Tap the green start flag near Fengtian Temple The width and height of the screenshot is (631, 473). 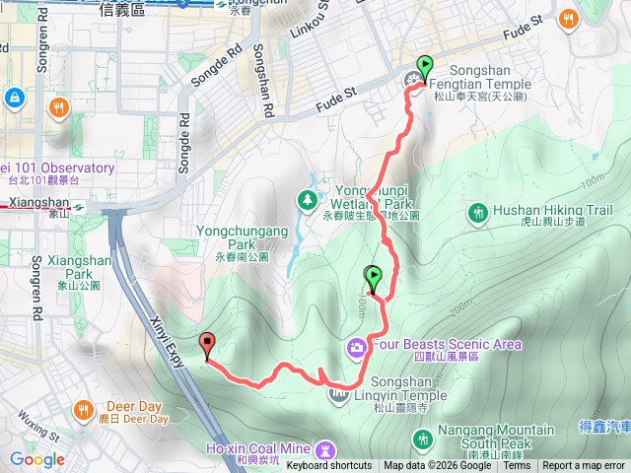pyautogui.click(x=425, y=68)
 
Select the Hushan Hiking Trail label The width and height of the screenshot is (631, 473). pyautogui.click(x=552, y=216)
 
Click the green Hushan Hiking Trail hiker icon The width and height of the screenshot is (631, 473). pyautogui.click(x=478, y=211)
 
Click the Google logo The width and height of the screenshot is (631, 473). pyautogui.click(x=37, y=459)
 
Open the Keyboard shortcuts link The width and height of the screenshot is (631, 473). pyautogui.click(x=329, y=466)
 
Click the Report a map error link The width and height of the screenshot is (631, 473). pyautogui.click(x=585, y=466)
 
